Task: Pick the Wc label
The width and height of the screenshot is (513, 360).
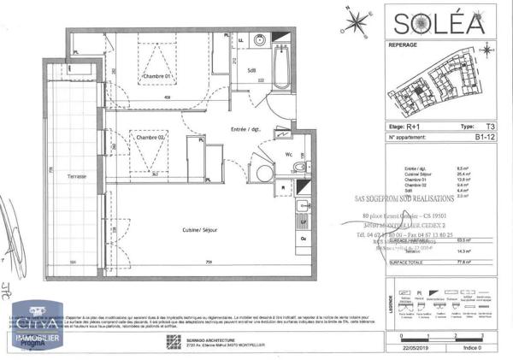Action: pyautogui.click(x=289, y=154)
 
